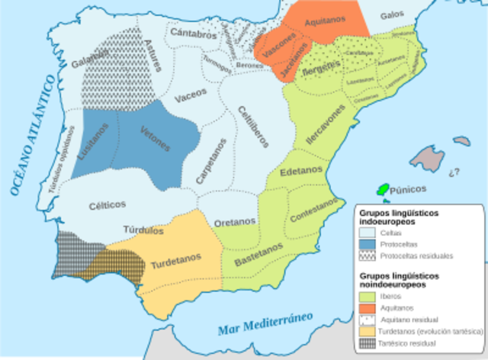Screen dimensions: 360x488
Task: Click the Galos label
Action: click(392, 15)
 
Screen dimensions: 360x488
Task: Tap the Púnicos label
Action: click(408, 188)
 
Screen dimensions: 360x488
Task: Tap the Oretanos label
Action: click(234, 222)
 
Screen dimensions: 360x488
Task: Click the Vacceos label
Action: click(190, 98)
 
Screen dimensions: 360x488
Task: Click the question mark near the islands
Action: click(456, 171)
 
